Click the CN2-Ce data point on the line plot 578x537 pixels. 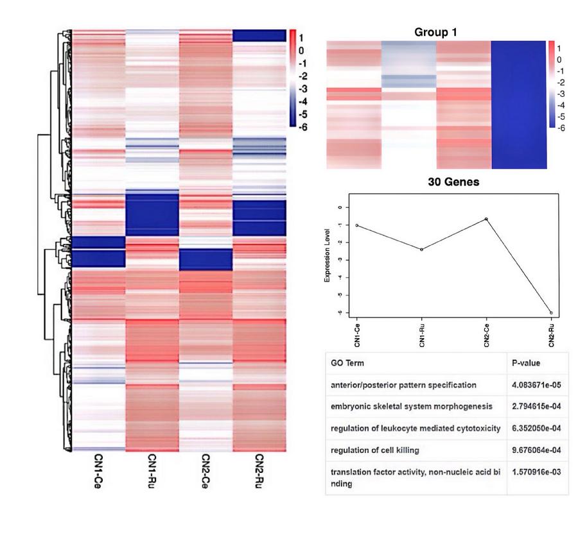(x=486, y=219)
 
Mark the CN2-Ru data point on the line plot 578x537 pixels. (x=551, y=313)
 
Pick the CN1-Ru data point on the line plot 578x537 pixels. (x=421, y=250)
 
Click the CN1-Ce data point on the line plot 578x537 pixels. (x=356, y=225)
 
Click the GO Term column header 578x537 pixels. (x=347, y=363)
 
